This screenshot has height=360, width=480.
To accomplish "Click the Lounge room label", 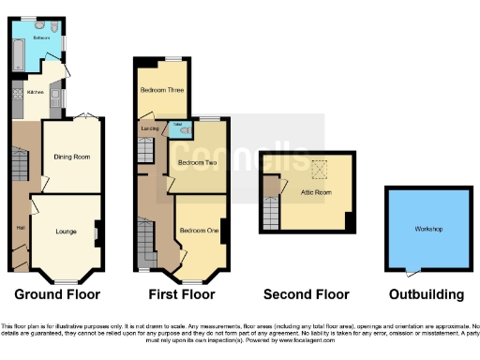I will (x=67, y=230).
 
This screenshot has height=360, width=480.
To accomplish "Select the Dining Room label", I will (x=71, y=157).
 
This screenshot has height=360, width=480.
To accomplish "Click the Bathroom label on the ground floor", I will (x=42, y=39).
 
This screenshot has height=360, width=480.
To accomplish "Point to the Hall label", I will (x=19, y=228).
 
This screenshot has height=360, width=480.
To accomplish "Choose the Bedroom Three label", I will (x=161, y=90).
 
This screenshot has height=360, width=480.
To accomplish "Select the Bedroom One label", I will (x=198, y=230).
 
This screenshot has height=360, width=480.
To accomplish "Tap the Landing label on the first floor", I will (x=148, y=129).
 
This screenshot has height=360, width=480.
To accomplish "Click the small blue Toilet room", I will (x=182, y=129).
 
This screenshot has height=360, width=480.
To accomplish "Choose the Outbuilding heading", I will (x=427, y=293).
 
